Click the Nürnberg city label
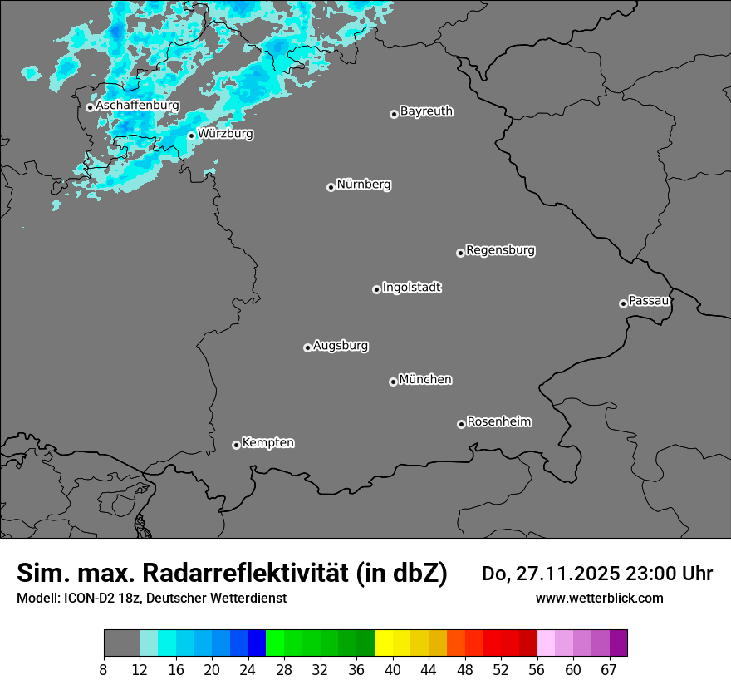[363, 185]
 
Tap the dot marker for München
[393, 382]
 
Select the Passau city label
[649, 301]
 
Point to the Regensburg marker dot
[460, 253]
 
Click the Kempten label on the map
[267, 443]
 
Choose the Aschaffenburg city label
[137, 106]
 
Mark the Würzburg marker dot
[191, 136]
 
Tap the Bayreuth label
[426, 111]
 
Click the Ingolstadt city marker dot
[376, 289]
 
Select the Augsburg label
[341, 346]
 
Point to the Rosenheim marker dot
[461, 425]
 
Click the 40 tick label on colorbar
[393, 669]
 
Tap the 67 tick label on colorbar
[609, 669]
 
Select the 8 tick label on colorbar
[104, 669]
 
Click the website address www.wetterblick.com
[599, 599]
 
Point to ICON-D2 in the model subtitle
[84, 599]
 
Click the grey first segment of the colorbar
[121, 643]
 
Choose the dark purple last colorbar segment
[618, 643]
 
